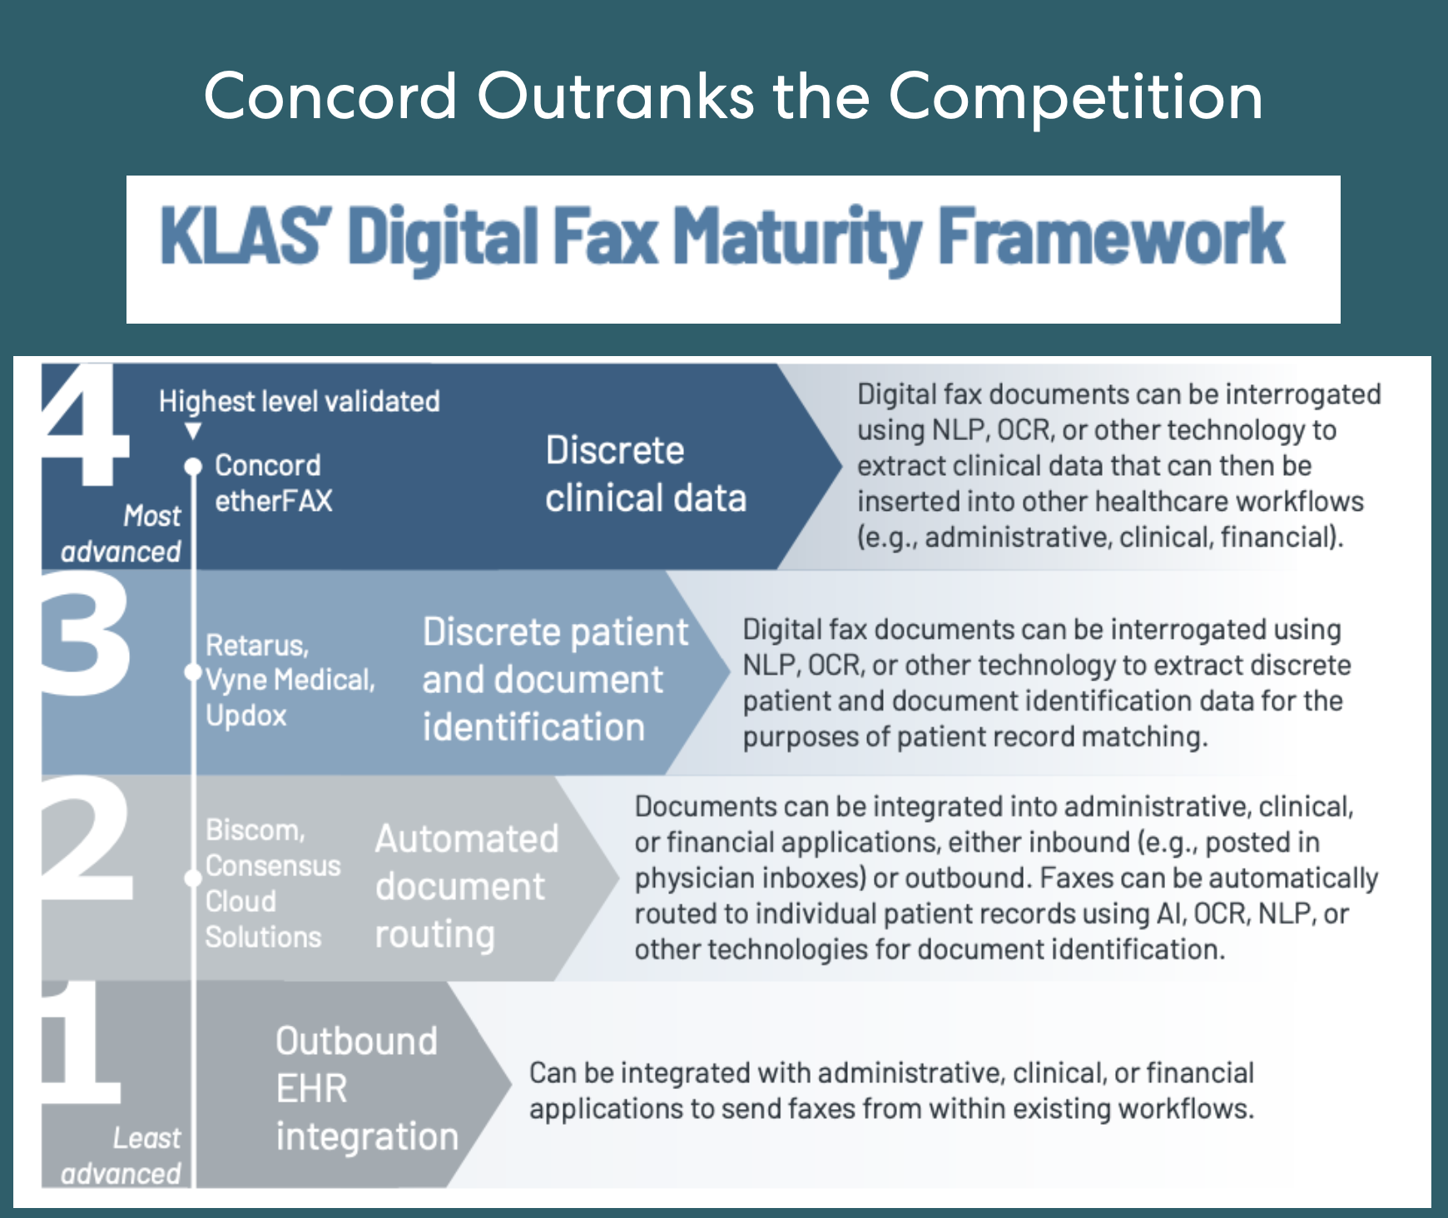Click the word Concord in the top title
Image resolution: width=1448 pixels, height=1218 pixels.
330,96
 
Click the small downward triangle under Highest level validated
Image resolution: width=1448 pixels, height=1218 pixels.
193,431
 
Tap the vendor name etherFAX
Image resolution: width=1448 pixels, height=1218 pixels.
273,501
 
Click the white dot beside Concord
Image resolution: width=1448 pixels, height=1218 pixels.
193,466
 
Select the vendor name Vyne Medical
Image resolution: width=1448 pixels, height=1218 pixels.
289,680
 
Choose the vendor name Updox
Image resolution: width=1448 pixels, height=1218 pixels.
245,715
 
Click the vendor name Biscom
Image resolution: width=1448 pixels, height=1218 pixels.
255,829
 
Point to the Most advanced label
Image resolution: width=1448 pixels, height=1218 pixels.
121,533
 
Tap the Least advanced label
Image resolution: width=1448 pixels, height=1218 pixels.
121,1156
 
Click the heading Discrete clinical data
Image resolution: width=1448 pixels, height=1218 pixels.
645,474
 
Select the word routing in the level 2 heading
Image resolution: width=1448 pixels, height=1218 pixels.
434,934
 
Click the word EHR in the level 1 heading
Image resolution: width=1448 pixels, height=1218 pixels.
311,1088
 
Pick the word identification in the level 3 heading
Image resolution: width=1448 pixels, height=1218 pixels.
533,727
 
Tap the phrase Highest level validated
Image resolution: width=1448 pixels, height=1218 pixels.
299,401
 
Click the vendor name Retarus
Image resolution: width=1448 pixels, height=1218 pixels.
256,645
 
